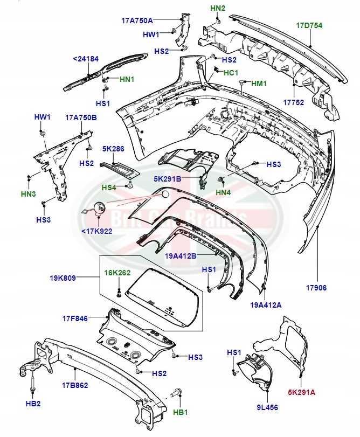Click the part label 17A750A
point(137,20)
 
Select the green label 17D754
point(309,25)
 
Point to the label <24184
point(86,59)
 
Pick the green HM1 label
point(259,84)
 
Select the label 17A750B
point(81,117)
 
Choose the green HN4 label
point(223,192)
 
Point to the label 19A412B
point(181,256)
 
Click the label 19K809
point(63,278)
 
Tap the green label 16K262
point(117,273)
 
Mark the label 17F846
point(75,318)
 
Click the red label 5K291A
point(301,392)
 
